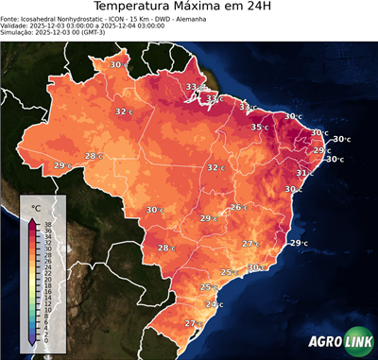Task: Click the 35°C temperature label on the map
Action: point(258,127)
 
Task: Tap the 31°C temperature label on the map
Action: point(304,174)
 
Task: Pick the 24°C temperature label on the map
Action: point(214,304)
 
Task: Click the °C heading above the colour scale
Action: point(36,207)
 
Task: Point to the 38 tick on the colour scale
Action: point(47,224)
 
